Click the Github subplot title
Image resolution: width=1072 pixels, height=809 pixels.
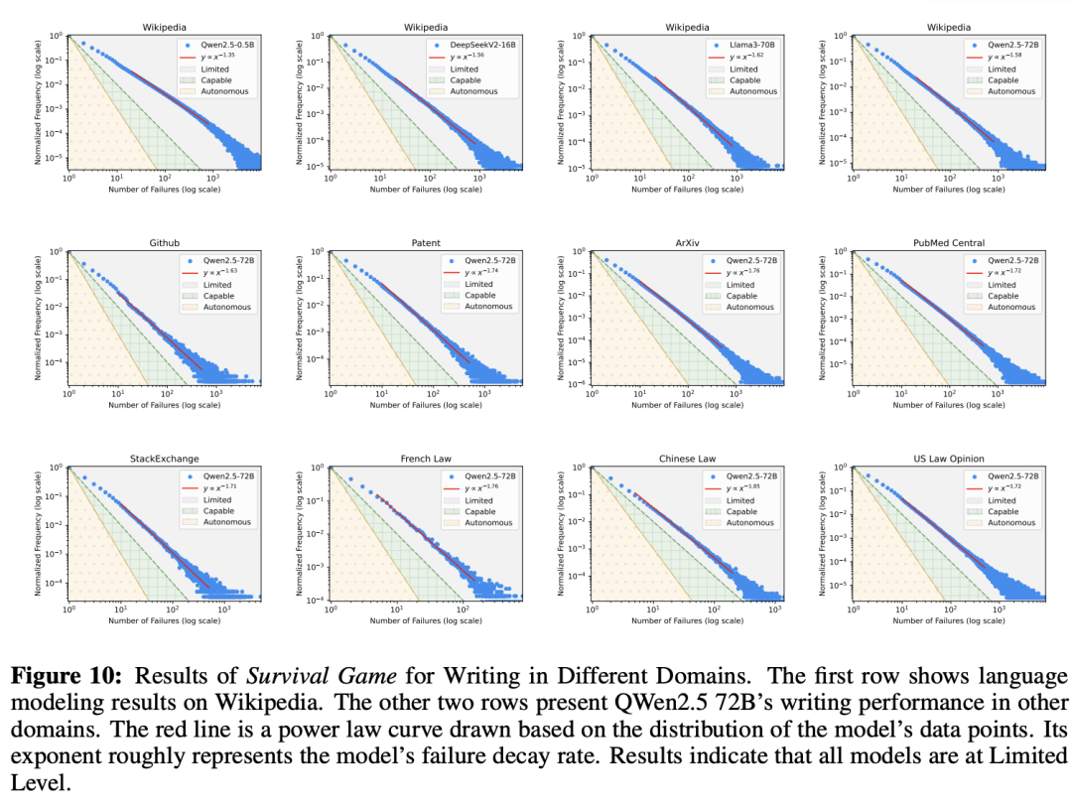click(x=164, y=242)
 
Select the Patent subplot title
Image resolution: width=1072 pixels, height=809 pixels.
click(x=425, y=242)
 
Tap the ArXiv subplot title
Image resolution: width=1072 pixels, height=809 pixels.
click(x=687, y=242)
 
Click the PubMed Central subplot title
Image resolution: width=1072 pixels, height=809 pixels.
click(x=948, y=242)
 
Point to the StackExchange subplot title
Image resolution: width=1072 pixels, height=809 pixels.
click(x=164, y=459)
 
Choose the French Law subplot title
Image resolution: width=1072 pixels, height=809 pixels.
click(x=425, y=459)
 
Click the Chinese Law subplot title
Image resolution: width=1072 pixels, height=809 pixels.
click(x=687, y=459)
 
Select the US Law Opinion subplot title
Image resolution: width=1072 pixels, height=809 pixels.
click(x=948, y=459)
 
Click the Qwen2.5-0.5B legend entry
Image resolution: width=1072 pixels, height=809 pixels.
click(x=220, y=46)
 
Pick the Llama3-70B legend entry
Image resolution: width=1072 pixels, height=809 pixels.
click(x=739, y=46)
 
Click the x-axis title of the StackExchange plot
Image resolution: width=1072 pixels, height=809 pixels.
click(x=164, y=620)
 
